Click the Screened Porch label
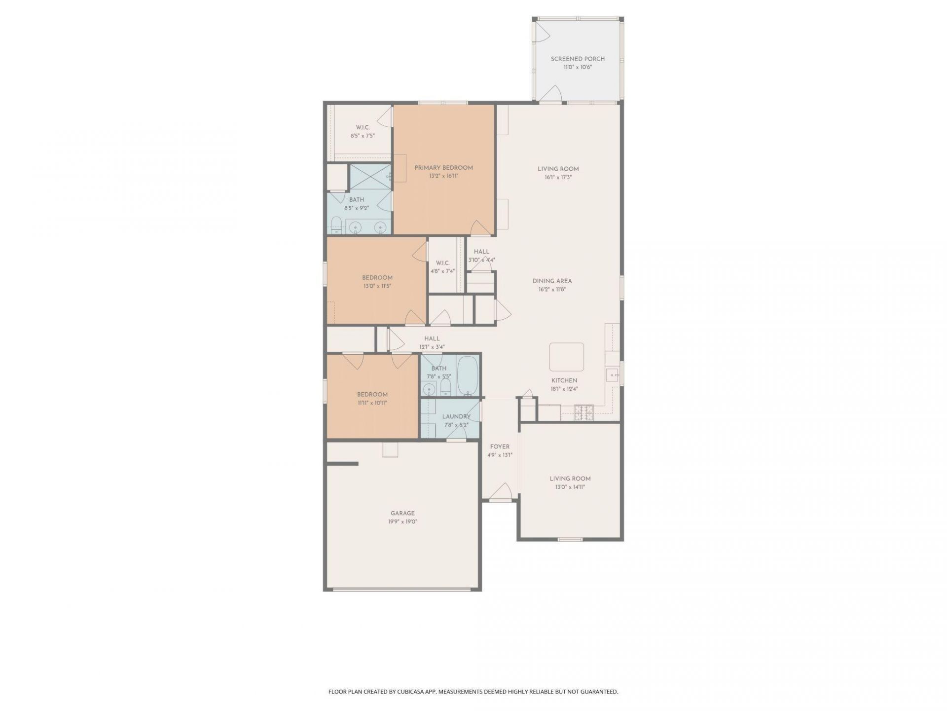click(x=578, y=59)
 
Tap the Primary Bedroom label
click(x=443, y=168)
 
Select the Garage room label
click(x=402, y=513)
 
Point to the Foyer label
click(x=500, y=447)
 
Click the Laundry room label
click(x=456, y=416)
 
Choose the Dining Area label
click(x=552, y=281)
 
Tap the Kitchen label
click(x=564, y=380)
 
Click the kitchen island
click(x=567, y=357)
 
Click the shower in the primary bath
click(x=371, y=177)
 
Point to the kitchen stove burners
click(x=584, y=413)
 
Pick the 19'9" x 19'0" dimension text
click(x=402, y=522)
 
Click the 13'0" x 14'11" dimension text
click(x=570, y=487)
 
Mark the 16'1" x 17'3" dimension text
click(x=558, y=177)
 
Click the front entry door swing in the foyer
click(x=501, y=491)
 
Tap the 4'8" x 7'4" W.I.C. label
click(x=442, y=271)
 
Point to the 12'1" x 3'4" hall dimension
click(x=432, y=347)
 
